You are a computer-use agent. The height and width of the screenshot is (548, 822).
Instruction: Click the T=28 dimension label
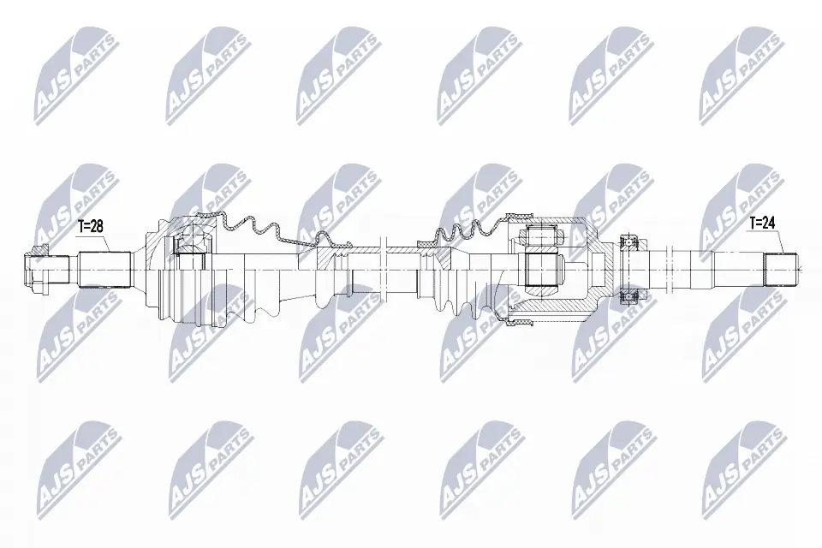click(91, 226)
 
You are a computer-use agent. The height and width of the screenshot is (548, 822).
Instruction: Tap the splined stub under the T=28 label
click(105, 268)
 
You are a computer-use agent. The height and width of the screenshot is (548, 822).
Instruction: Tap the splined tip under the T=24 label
click(780, 268)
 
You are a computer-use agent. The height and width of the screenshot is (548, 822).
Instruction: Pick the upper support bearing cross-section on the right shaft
click(631, 242)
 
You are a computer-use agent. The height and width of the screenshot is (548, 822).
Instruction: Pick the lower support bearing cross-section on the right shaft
click(631, 295)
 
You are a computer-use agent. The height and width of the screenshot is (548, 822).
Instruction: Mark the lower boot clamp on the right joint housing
click(521, 322)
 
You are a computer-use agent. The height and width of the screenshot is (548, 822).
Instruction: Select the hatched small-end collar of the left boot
click(335, 247)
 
